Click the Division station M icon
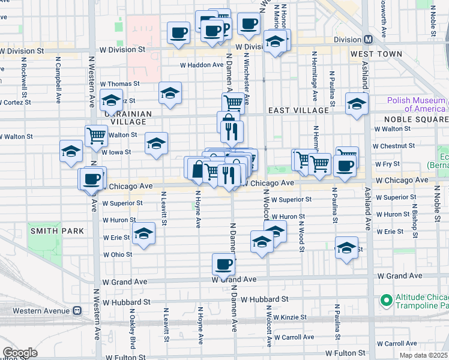pos(368,40)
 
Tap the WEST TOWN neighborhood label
pos(376,55)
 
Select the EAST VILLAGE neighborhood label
pos(298,110)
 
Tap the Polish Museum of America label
pos(416,104)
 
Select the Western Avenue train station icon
pos(77,311)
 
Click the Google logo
pos(20,352)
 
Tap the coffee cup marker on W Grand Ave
pos(223,264)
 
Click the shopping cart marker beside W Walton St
pos(96,136)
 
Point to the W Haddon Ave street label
pos(202,65)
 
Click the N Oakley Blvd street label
pos(133,326)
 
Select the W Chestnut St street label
pos(393,146)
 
